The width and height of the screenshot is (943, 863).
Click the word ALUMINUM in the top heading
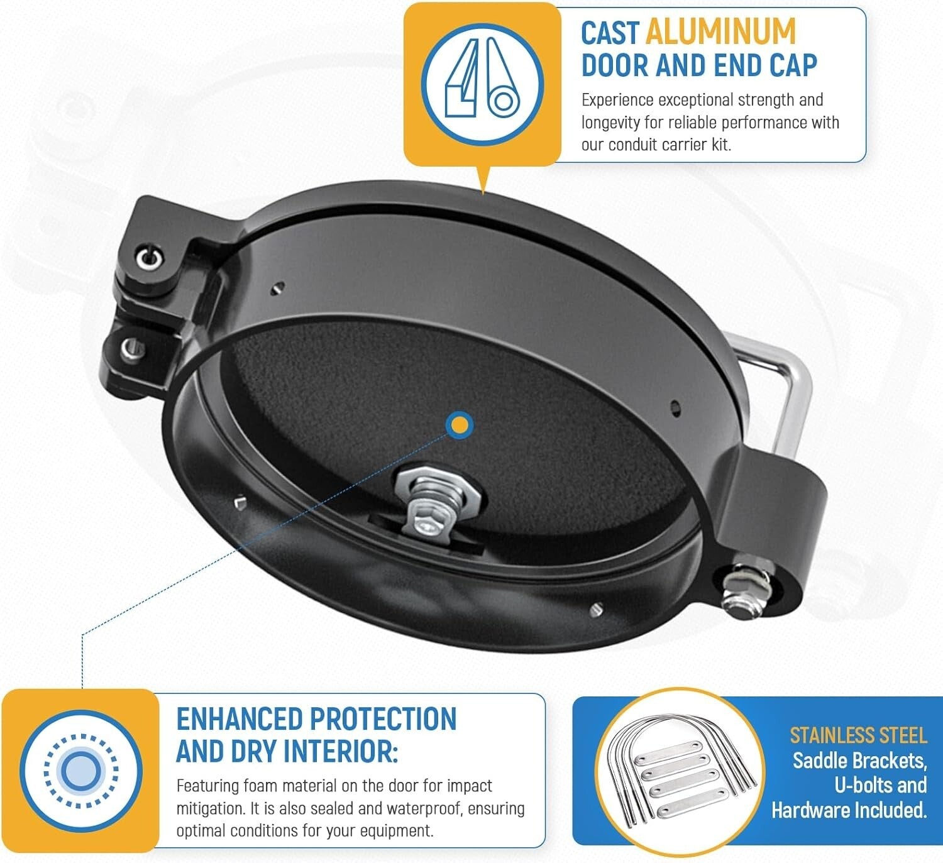pyautogui.click(x=720, y=33)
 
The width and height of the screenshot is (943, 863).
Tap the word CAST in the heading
pyautogui.click(x=609, y=33)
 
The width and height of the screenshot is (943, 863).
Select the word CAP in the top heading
pyautogui.click(x=791, y=65)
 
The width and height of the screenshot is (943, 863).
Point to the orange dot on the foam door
pyautogui.click(x=460, y=426)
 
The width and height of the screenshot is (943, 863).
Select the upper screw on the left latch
pyautogui.click(x=149, y=256)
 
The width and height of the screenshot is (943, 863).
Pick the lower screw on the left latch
pyautogui.click(x=131, y=347)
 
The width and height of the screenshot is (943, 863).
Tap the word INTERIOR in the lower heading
pyautogui.click(x=340, y=751)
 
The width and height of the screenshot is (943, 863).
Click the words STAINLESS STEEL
pyautogui.click(x=858, y=735)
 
